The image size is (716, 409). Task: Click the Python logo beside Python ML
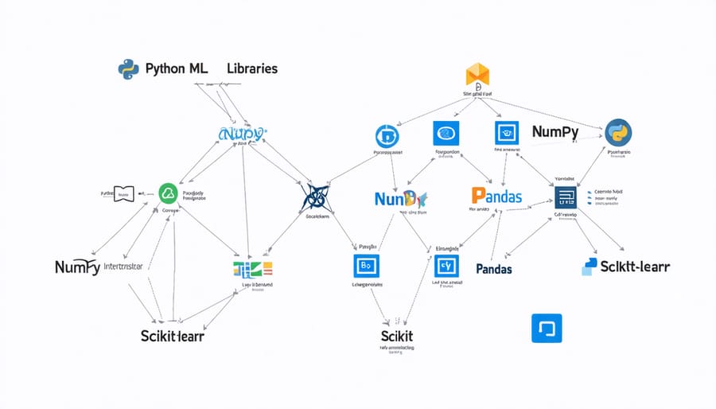click(129, 69)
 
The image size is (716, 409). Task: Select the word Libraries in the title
click(252, 68)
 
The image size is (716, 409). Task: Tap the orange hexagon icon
click(477, 76)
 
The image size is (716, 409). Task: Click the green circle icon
click(168, 192)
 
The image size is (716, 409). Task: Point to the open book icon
click(123, 193)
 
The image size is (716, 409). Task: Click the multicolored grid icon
click(253, 269)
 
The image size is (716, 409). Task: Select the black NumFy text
click(77, 267)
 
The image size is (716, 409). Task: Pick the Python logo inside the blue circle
click(618, 132)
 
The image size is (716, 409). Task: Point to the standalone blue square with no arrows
click(546, 328)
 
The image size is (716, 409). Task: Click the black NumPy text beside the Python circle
click(555, 131)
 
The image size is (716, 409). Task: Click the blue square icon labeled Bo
click(367, 267)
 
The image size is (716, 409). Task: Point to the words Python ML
click(177, 68)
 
